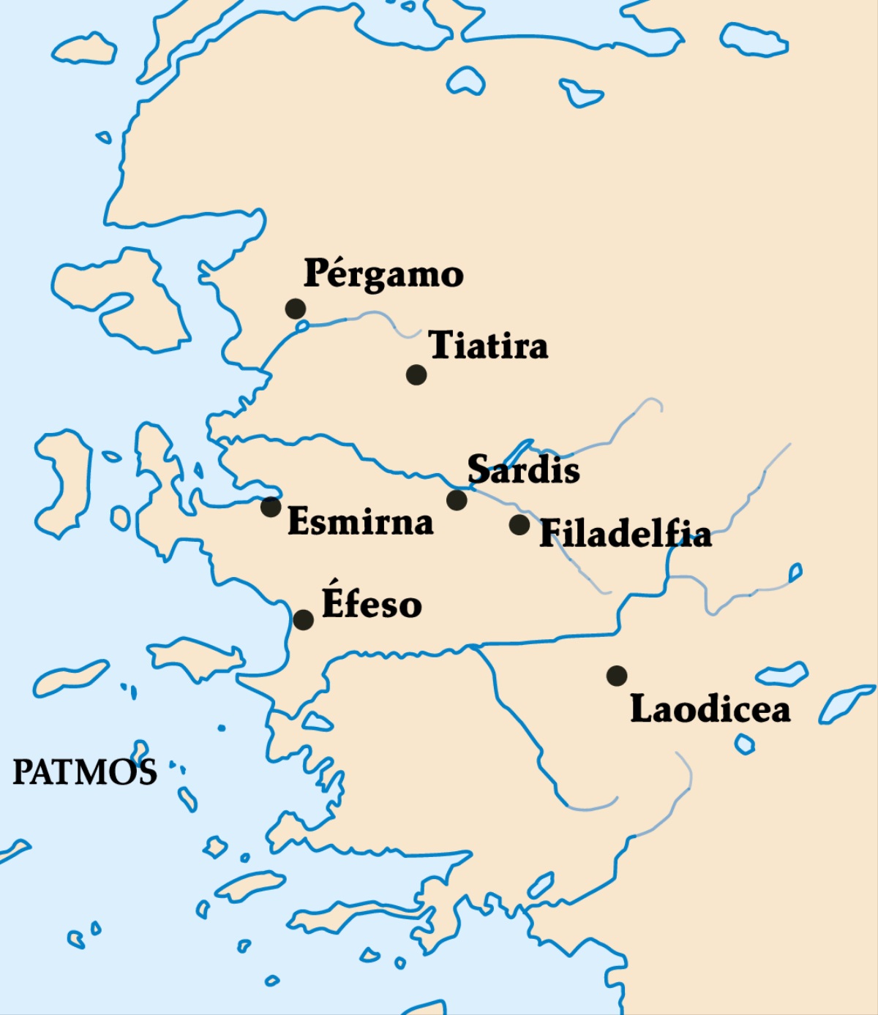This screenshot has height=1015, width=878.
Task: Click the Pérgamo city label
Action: tap(383, 274)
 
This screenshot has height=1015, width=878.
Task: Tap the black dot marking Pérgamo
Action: tap(296, 309)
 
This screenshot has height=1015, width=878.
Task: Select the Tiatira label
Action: tap(488, 345)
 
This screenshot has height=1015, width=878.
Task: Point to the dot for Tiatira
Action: tap(416, 374)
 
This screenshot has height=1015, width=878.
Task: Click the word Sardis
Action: tap(523, 469)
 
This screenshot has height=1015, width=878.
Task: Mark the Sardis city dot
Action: tap(457, 500)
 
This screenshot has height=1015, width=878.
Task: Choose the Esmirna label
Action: tap(360, 521)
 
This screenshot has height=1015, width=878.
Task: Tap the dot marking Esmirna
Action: tap(271, 506)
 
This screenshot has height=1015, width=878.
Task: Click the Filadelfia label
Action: tap(626, 534)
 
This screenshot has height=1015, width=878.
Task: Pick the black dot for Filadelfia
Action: tap(519, 524)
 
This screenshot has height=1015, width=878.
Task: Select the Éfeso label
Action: tap(372, 604)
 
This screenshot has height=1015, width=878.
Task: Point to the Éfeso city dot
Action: tap(303, 620)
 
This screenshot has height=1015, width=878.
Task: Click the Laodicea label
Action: tap(710, 709)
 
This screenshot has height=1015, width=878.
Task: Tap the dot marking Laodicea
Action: tap(617, 676)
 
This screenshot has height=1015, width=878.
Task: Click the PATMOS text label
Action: tap(85, 772)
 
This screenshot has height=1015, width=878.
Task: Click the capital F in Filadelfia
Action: tap(551, 534)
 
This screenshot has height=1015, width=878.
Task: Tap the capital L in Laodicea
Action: tap(642, 709)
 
